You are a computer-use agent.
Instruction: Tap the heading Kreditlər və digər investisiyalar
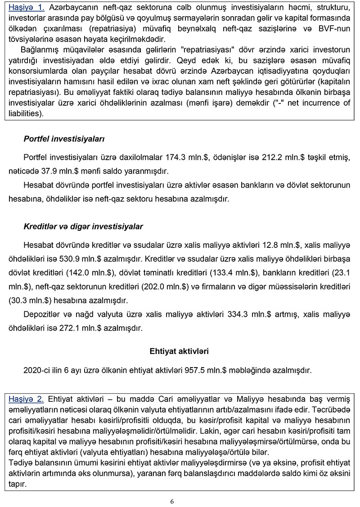[x=83, y=226]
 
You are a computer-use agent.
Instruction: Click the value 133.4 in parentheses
[x=228, y=273]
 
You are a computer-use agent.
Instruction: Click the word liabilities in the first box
[x=24, y=114]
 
